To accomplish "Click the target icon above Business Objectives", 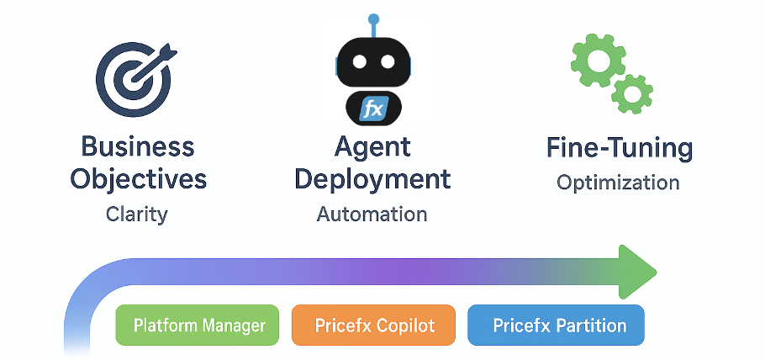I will coord(133,77).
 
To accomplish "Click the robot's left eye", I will coord(361,63).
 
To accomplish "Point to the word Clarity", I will coord(137,214).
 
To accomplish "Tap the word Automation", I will coord(372,214).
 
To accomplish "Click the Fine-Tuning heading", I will coord(619,149).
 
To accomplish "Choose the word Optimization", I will coord(618,183).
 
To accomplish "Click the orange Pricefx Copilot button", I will coord(373,325).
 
